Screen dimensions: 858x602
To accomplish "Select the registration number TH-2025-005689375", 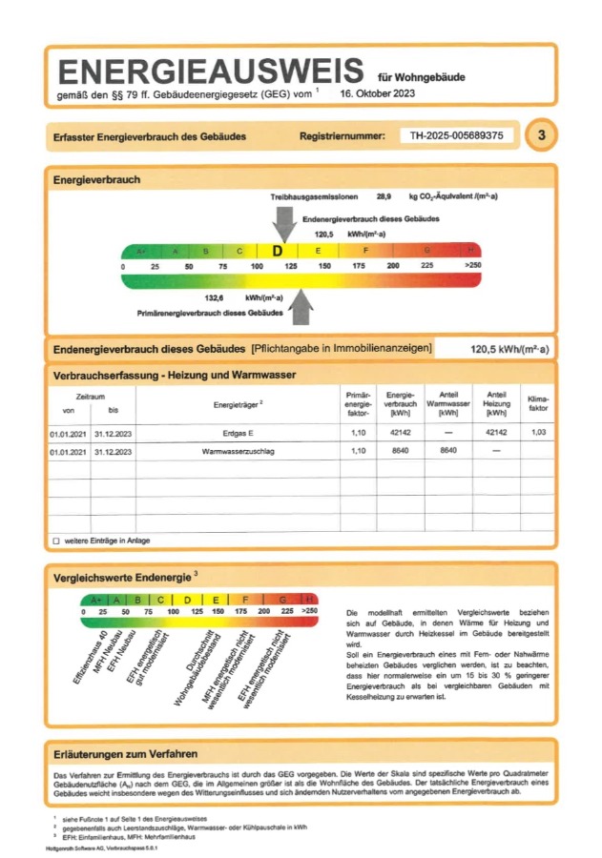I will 456,135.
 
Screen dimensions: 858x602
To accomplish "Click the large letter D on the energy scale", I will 278,251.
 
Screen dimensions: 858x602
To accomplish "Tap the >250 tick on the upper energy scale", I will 472,266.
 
